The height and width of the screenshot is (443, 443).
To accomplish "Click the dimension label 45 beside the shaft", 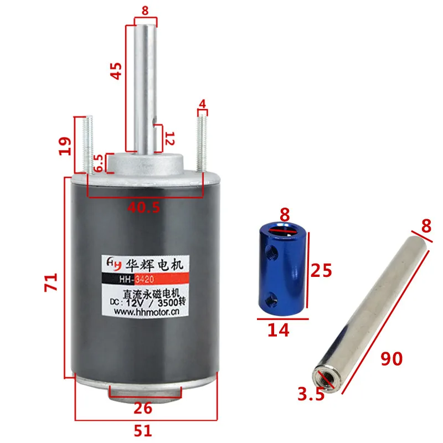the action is coord(116,71).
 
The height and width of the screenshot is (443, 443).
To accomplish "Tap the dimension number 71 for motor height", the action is coord(51,282).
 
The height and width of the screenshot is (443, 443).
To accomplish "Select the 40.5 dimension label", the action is coord(143,208).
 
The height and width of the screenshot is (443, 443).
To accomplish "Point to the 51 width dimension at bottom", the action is coord(143,431).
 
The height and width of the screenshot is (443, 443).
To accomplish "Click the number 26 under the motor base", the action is coord(143,408).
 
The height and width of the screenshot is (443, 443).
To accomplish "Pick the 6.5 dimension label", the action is coord(99,163).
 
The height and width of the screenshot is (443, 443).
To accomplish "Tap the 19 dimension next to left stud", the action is coord(65,146).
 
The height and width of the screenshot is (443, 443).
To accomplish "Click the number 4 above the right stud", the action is coord(202,104).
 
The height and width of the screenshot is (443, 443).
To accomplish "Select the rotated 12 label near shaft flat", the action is coord(170,138).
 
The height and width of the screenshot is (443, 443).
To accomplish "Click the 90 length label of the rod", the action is coord(392,359).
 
